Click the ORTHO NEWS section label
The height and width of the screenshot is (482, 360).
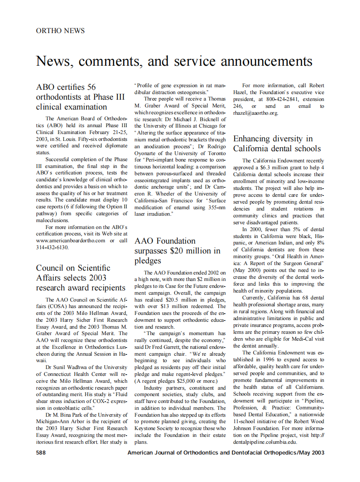coord(60,31)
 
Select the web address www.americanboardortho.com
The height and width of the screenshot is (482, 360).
coord(70,241)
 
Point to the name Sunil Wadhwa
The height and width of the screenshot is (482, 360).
coord(69,367)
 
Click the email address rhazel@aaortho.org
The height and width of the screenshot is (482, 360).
coord(256,113)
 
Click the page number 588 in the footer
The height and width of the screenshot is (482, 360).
coord(41,452)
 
